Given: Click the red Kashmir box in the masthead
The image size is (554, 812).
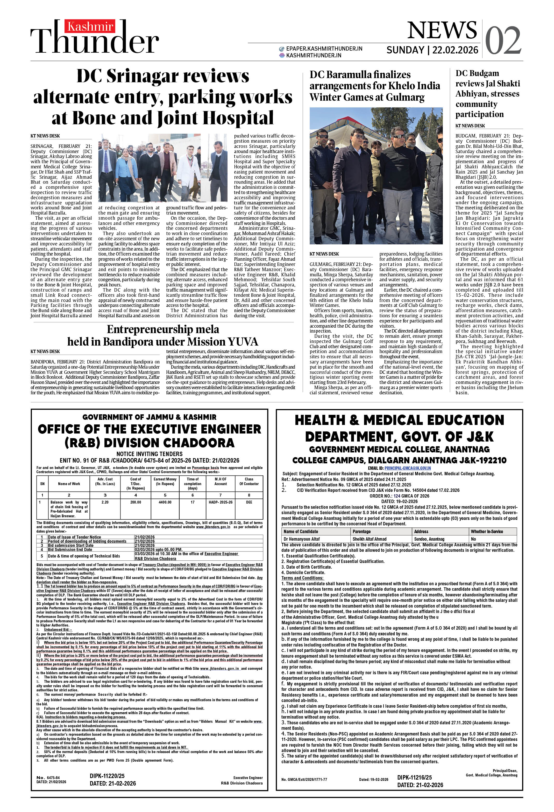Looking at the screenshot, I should point(90,26).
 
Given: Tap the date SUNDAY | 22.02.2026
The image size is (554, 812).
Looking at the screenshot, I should point(432,50).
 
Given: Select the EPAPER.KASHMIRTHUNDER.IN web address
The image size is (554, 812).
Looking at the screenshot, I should point(324,49).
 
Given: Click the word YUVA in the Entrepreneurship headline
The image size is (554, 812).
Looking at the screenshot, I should point(243,341).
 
